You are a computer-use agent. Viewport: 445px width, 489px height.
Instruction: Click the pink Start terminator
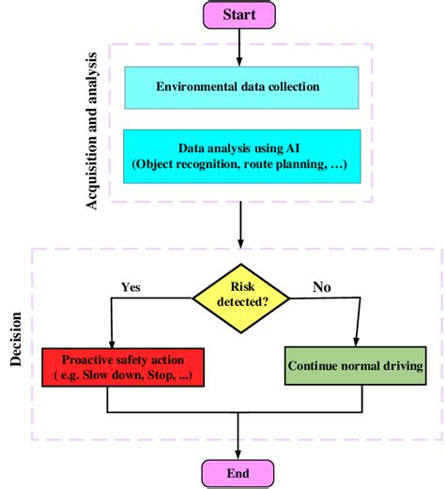tap(241, 14)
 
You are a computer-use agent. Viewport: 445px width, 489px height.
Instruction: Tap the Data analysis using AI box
tap(239, 155)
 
